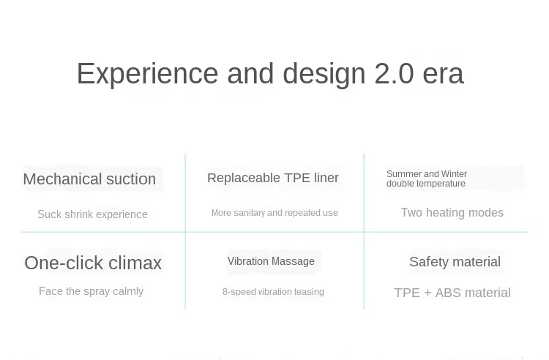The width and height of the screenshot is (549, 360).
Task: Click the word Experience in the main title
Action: tap(147, 73)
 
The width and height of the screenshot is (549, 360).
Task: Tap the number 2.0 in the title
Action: tap(395, 73)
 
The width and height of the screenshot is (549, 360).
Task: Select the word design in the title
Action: tap(324, 74)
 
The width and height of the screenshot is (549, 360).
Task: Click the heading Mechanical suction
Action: tap(89, 179)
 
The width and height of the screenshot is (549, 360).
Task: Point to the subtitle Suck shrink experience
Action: tap(92, 214)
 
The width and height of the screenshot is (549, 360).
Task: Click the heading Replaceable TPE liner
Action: tap(273, 178)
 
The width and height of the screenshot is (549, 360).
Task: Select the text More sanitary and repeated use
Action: tap(274, 213)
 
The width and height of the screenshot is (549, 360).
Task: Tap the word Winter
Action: tap(454, 174)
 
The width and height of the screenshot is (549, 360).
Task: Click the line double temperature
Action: tap(426, 184)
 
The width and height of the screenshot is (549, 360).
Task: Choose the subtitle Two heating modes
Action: tap(452, 212)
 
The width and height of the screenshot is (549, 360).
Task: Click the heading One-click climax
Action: tap(93, 263)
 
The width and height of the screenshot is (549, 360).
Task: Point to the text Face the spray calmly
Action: tap(91, 291)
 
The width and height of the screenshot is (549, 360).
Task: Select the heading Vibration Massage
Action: tap(271, 261)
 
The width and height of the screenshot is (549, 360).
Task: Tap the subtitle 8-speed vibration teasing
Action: tap(273, 292)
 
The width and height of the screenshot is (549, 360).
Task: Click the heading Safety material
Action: tap(455, 262)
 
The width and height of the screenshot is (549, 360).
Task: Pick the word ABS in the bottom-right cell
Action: tap(449, 293)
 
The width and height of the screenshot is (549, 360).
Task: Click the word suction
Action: tap(131, 179)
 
